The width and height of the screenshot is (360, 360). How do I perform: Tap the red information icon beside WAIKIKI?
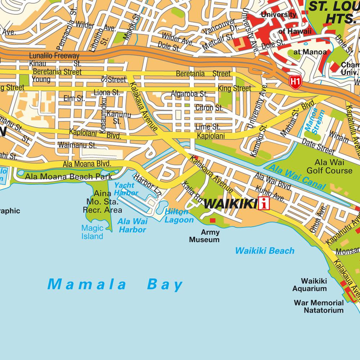click(264, 204)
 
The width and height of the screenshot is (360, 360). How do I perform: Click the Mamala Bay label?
click(115, 284)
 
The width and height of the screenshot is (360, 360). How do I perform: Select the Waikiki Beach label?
click(265, 251)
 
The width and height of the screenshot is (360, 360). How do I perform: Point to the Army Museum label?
click(204, 236)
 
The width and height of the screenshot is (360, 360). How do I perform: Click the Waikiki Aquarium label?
click(309, 284)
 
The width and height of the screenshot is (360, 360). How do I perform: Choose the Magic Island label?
click(92, 232)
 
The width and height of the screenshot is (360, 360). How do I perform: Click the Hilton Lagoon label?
click(179, 216)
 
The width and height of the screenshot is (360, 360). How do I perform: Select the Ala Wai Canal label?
click(297, 177)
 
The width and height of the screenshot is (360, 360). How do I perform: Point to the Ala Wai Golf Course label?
click(333, 166)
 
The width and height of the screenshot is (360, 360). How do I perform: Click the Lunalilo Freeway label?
click(54, 56)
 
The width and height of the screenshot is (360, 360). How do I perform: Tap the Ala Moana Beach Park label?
click(68, 177)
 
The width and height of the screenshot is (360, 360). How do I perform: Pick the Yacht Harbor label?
click(126, 189)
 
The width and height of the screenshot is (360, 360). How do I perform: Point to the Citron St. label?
click(209, 108)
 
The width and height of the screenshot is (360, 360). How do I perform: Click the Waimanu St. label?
click(77, 145)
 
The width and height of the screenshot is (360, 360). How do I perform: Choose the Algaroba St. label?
click(189, 94)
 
